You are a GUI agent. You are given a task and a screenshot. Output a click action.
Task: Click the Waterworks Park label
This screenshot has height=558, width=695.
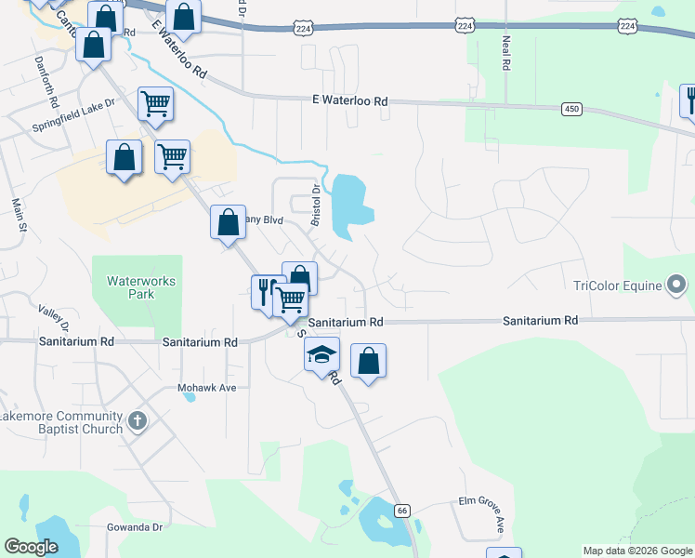tap(141, 286)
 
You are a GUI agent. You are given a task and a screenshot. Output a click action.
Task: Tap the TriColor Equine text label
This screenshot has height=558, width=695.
tap(617, 286)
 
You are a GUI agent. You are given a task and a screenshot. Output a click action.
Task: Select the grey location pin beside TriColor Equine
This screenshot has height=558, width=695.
tap(677, 285)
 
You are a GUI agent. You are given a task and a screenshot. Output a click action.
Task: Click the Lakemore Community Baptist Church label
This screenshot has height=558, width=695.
tap(62, 422)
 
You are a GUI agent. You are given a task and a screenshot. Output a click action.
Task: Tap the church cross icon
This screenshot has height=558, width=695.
tap(137, 421)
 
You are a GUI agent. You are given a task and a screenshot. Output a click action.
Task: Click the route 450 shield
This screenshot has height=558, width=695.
tap(571, 110)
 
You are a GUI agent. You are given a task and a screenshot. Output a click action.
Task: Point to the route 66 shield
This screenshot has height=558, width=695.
tap(401, 511)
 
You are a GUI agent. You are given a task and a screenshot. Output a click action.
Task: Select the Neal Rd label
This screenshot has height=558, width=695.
tap(505, 54)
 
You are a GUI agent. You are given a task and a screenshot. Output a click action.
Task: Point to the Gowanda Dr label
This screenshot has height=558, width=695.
tap(134, 527)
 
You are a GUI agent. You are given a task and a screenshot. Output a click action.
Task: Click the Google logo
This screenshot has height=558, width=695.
tap(32, 547)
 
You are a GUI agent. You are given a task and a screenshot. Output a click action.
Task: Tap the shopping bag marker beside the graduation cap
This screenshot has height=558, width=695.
tap(369, 360)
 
